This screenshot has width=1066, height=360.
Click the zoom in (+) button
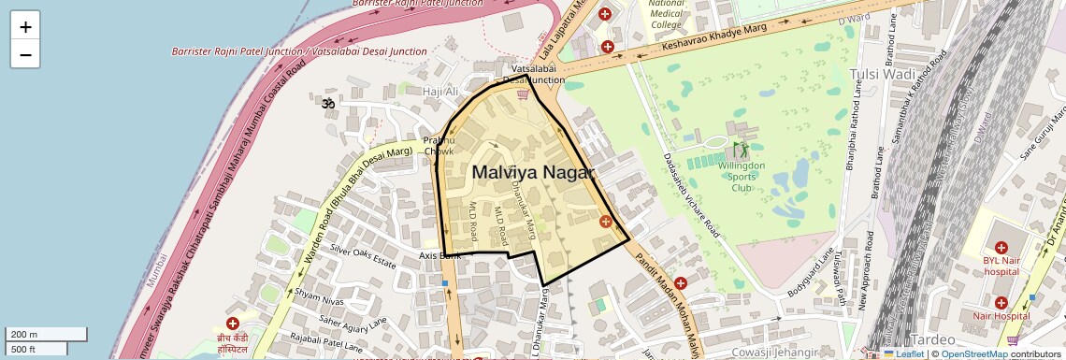point(25,26)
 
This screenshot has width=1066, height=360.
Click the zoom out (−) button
point(25,54)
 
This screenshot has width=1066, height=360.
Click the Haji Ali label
point(440,92)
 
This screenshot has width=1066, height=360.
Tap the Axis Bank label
point(439,255)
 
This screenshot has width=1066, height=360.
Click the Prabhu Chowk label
point(439,146)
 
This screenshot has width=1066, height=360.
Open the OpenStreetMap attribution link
point(973,353)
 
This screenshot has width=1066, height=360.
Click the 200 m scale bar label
point(24,335)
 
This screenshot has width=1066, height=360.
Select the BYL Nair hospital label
point(1005,266)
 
